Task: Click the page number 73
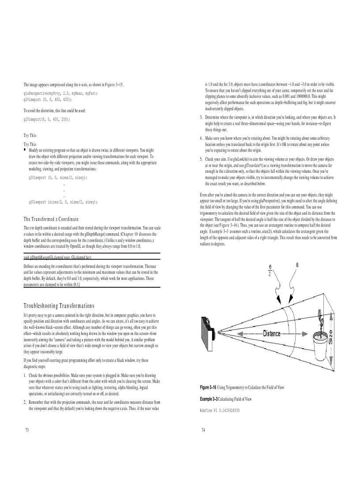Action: [27, 430]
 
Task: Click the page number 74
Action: [203, 430]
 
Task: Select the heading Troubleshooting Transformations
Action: [59, 305]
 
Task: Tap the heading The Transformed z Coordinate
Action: [51, 219]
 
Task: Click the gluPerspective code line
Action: [60, 93]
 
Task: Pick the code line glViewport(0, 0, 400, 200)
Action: [46, 119]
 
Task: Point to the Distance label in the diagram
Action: [272, 334]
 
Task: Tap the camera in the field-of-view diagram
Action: [209, 331]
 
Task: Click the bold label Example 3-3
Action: [209, 399]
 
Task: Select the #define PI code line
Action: [220, 410]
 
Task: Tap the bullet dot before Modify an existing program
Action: [25, 150]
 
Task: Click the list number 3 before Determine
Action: [201, 117]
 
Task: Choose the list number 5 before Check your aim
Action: [201, 159]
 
